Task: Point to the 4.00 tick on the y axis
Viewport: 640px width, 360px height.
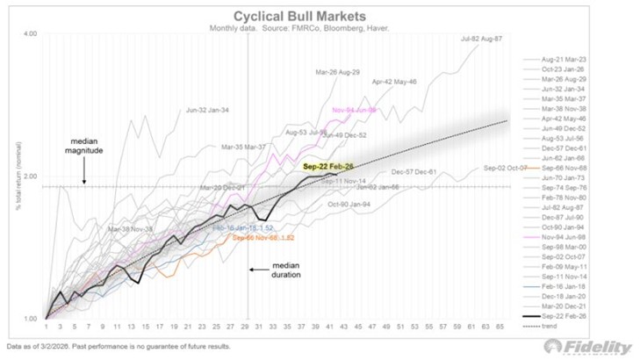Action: click(x=30, y=34)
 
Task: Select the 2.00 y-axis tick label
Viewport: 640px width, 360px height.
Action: click(x=30, y=176)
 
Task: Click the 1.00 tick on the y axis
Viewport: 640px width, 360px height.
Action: click(x=30, y=319)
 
